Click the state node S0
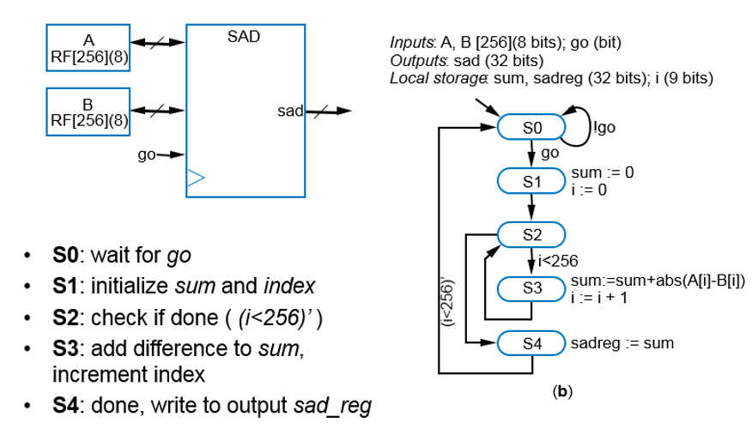click(531, 127)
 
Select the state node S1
click(531, 181)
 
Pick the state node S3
click(531, 289)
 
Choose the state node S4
click(531, 343)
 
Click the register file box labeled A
click(88, 48)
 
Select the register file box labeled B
click(88, 112)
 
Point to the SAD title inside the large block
click(244, 38)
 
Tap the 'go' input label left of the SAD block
click(147, 155)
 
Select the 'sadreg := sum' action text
click(622, 343)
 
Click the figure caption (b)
click(562, 391)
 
